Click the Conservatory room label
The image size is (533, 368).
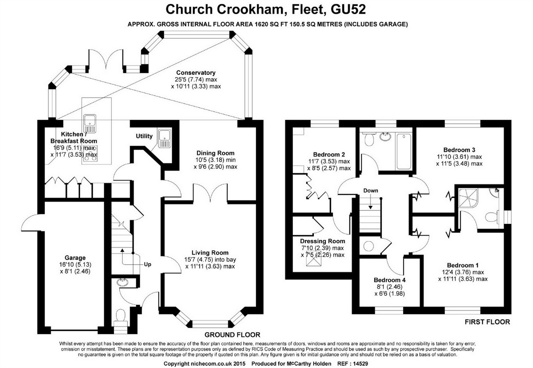pos(196,73)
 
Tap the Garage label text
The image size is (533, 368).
pos(75,258)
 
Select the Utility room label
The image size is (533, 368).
pos(144,136)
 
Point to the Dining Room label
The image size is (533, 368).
pos(215,153)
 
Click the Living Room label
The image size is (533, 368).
pos(210,253)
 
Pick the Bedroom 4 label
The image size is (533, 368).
pos(390,280)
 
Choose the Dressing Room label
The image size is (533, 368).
pos(322,241)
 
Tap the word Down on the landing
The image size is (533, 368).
pos(371,191)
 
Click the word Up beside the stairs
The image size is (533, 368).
pos(147,264)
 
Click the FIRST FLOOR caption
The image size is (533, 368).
pos(487,322)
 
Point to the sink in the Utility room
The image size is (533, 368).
pos(164,138)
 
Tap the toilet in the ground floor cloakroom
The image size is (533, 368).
pos(120,316)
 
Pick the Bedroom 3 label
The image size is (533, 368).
pos(459,150)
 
